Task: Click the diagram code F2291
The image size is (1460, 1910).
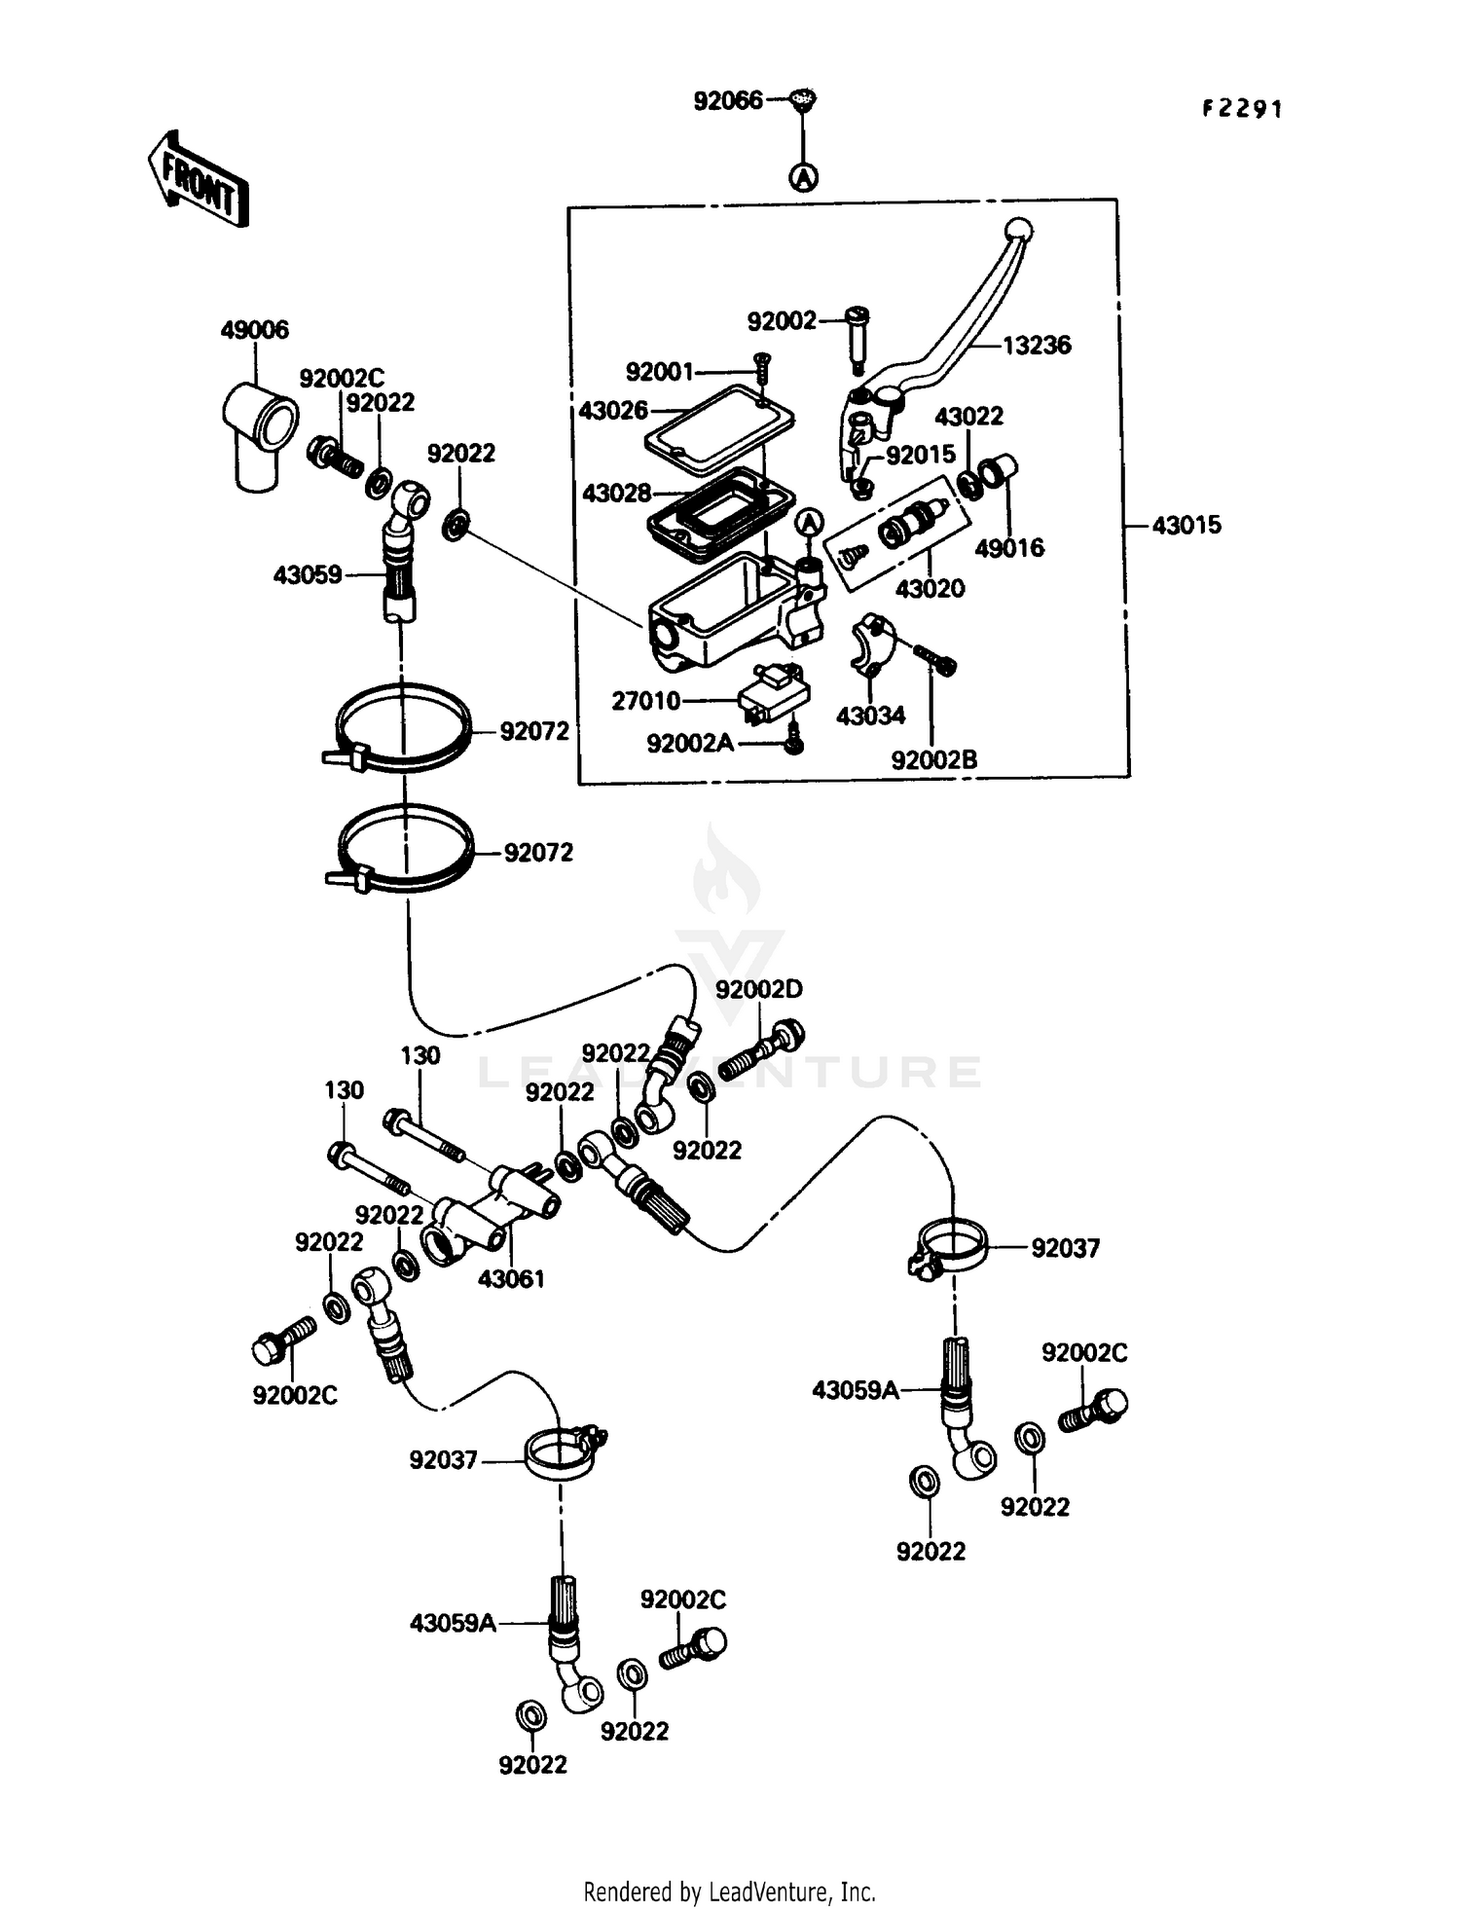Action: [x=1242, y=109]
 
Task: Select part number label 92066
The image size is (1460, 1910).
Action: [x=727, y=100]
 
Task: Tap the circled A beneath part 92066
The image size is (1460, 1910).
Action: [x=803, y=177]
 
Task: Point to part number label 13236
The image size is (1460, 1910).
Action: [x=1037, y=345]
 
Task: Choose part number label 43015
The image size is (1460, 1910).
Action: [x=1186, y=526]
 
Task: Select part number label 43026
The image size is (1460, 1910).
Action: [x=613, y=411]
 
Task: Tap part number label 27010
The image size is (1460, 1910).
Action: [x=645, y=701]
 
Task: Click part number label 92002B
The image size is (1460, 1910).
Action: [x=933, y=760]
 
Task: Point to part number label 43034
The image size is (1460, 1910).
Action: [x=870, y=716]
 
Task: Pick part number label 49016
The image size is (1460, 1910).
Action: [x=1009, y=548]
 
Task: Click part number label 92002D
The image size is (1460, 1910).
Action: [x=758, y=989]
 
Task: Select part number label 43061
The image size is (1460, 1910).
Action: [x=511, y=1279]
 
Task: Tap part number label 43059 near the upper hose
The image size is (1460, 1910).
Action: [x=308, y=575]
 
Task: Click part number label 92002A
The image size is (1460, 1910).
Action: [x=690, y=744]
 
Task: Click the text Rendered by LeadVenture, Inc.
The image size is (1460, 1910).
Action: [x=729, y=1892]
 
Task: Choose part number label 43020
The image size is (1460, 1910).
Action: [x=930, y=588]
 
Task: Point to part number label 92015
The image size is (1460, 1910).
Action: [x=921, y=455]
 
